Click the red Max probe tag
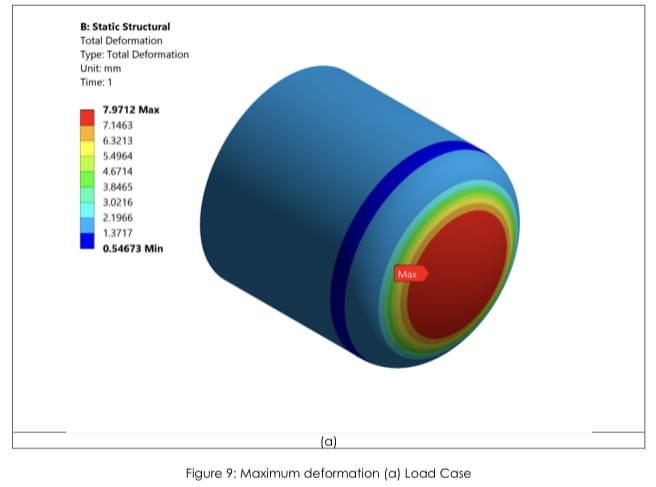[x=411, y=274]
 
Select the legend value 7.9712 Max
[x=131, y=110]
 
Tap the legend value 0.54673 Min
[x=133, y=249]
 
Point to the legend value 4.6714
[x=118, y=172]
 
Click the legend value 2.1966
[x=118, y=218]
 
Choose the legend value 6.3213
[x=118, y=141]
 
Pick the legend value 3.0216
[x=118, y=202]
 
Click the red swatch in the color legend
[x=87, y=117]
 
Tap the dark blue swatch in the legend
[x=87, y=241]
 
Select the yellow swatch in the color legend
[x=87, y=149]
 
